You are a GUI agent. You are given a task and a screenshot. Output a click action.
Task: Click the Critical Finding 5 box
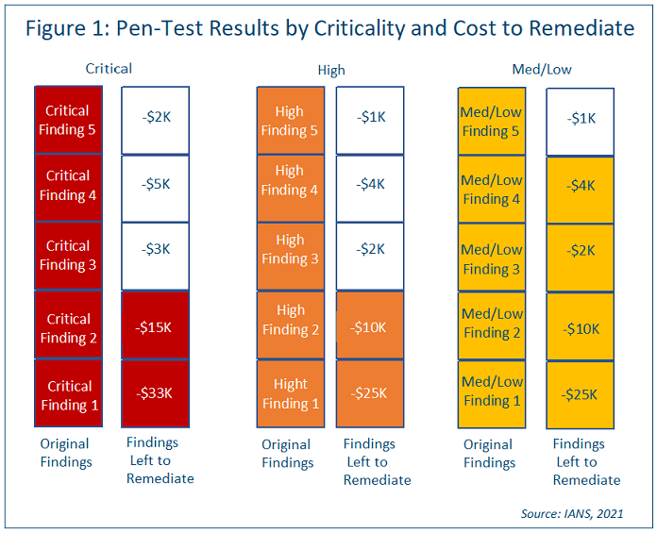[x=67, y=121]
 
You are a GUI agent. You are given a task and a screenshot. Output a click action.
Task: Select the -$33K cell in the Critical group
[x=155, y=394]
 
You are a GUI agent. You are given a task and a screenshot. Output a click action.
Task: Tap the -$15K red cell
[x=155, y=326]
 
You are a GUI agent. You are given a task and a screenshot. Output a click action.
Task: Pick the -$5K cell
[x=155, y=185]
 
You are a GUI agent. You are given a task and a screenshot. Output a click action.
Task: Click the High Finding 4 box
[x=290, y=180]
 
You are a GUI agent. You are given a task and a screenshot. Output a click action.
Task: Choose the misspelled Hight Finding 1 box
[x=290, y=393]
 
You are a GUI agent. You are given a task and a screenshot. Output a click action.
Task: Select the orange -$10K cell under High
[x=370, y=326]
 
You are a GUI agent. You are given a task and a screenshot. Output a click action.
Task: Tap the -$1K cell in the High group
[x=370, y=118]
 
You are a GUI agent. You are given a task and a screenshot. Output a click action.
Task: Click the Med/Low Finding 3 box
[x=491, y=258]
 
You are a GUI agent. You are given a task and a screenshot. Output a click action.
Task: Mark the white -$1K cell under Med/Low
[x=581, y=120]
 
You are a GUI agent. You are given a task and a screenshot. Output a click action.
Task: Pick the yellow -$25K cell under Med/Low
[x=581, y=394]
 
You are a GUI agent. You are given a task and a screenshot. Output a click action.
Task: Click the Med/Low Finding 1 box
[x=491, y=391]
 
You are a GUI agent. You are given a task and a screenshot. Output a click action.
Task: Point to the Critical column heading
[x=109, y=68]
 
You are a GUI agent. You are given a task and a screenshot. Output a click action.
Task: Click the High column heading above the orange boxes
[x=330, y=69]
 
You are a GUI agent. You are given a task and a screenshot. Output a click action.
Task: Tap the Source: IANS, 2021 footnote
[x=571, y=513]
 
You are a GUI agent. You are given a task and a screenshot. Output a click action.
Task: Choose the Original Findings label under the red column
[x=65, y=453]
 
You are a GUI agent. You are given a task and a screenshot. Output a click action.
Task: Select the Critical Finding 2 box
[x=67, y=328]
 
